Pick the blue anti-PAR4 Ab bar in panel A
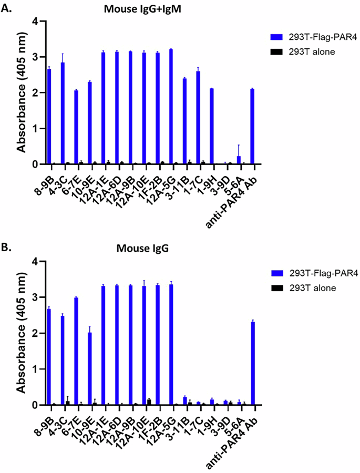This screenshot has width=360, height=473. pos(252,127)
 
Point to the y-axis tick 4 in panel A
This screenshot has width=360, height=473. pos(35,22)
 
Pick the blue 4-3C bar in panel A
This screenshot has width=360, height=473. pos(63,114)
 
